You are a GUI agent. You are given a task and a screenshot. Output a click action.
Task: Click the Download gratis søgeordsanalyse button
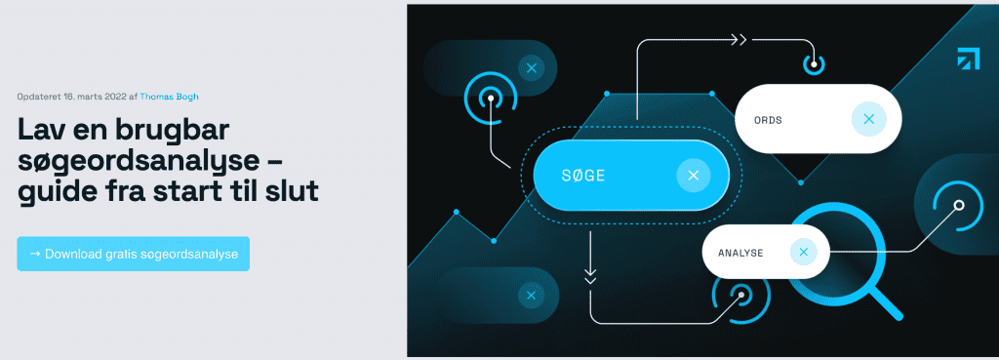[133, 254]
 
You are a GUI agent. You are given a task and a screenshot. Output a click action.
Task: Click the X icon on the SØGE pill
[694, 176]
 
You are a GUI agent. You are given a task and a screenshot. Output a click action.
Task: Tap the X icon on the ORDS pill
[868, 118]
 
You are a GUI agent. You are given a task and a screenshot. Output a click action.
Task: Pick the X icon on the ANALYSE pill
[804, 252]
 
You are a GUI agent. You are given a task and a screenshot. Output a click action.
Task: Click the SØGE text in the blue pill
[583, 176]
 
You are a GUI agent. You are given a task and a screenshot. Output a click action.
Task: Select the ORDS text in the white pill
[767, 120]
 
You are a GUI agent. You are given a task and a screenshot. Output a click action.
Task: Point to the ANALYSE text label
[740, 253]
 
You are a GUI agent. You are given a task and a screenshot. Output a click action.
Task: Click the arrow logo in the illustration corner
[968, 58]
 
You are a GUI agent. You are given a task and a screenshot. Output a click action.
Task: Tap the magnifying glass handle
[886, 304]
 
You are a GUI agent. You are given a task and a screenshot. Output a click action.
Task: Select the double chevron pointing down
[590, 276]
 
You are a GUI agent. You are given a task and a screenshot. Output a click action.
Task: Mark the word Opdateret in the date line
[39, 97]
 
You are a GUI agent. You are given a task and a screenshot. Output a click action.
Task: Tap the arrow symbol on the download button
[36, 254]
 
